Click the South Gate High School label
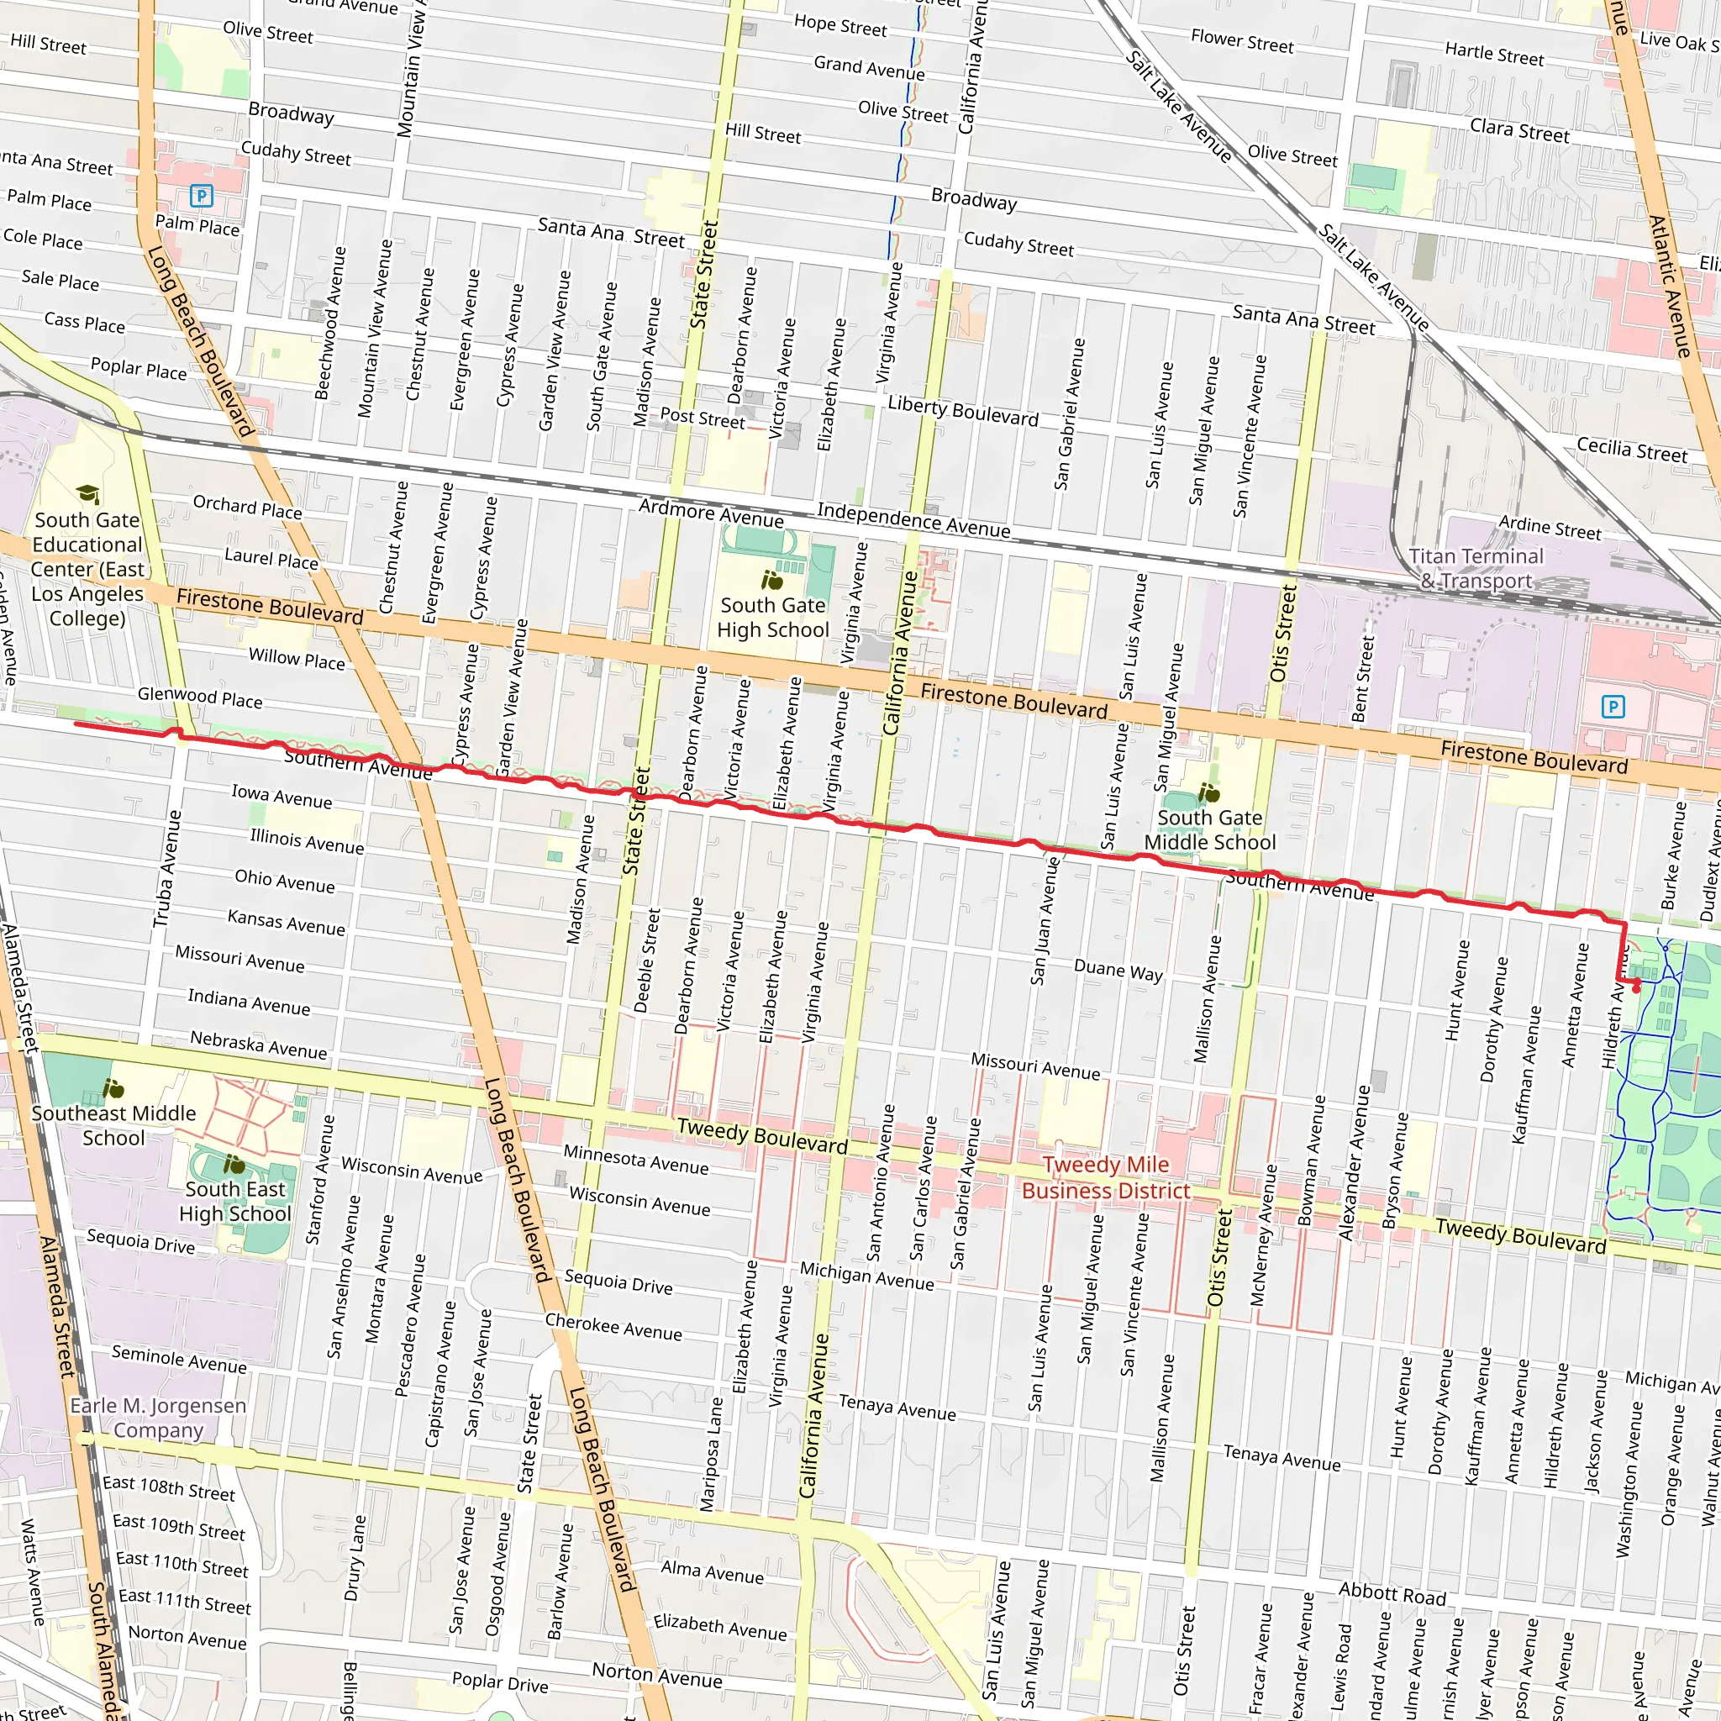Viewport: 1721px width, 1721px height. click(772, 618)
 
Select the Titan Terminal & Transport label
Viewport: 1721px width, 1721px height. click(1476, 568)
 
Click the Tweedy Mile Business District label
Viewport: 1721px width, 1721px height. click(1106, 1177)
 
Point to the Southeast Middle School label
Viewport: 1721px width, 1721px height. click(113, 1125)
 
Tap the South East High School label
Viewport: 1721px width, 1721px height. click(235, 1202)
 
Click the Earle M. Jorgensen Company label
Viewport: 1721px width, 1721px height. click(158, 1418)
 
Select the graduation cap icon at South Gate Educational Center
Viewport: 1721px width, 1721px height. click(87, 493)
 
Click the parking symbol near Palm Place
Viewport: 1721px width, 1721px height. click(203, 195)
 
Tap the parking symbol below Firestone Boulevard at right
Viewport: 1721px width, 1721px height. click(1613, 708)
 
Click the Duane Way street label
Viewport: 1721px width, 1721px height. click(1118, 970)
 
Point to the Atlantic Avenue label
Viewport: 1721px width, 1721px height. click(1668, 285)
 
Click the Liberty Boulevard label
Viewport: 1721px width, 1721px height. click(963, 411)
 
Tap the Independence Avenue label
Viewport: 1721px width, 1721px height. click(914, 520)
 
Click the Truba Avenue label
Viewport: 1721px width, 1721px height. click(167, 869)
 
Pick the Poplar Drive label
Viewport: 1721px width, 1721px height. click(500, 1682)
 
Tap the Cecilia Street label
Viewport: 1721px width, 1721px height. click(1632, 450)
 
